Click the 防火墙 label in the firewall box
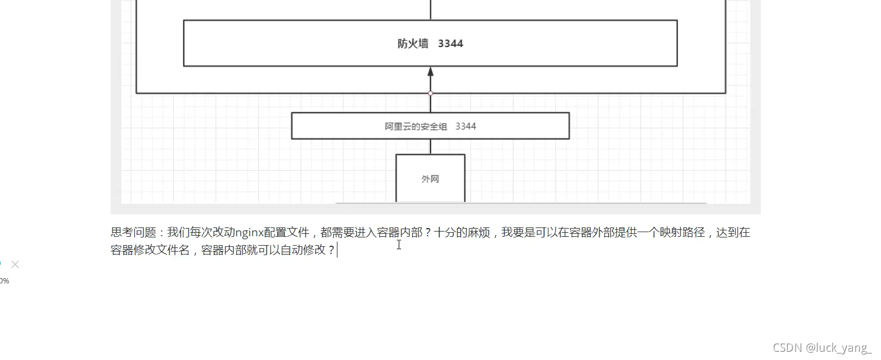pyautogui.click(x=413, y=44)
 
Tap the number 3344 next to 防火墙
pyautogui.click(x=451, y=44)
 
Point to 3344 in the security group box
pyautogui.click(x=466, y=126)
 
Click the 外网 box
pyautogui.click(x=430, y=179)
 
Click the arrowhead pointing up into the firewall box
pyautogui.click(x=430, y=72)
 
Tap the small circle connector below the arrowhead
pyautogui.click(x=430, y=93)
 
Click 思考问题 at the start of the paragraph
pyautogui.click(x=133, y=233)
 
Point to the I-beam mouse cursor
pyautogui.click(x=399, y=245)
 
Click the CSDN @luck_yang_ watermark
pyautogui.click(x=822, y=348)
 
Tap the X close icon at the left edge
pyautogui.click(x=15, y=265)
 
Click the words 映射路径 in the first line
pyautogui.click(x=684, y=233)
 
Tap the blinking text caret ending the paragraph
pyautogui.click(x=337, y=251)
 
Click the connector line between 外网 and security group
pyautogui.click(x=430, y=147)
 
